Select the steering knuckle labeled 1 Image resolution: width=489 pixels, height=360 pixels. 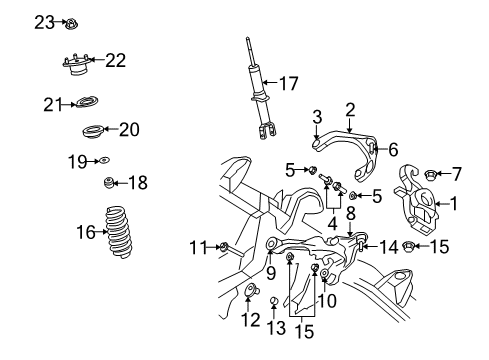[418, 205]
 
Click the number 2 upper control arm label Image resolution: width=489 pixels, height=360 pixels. [350, 109]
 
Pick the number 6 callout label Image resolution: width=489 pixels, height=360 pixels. [393, 149]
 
